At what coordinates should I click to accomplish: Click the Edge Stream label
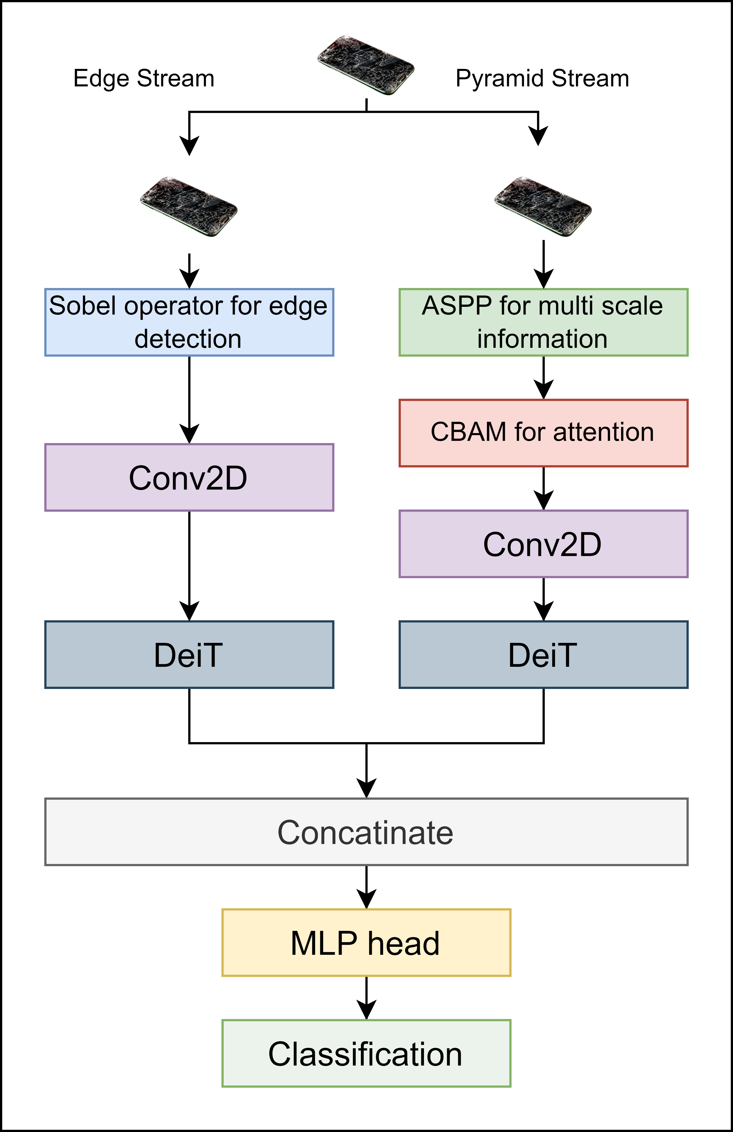143,78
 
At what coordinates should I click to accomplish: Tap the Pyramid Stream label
542,78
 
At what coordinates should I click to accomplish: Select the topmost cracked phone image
366,65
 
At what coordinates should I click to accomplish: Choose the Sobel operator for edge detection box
189,322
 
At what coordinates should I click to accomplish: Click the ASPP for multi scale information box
543,322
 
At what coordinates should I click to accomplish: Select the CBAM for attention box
543,433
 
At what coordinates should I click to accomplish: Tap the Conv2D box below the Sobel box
189,478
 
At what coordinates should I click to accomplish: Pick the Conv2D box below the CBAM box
543,544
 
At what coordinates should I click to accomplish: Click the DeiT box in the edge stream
189,654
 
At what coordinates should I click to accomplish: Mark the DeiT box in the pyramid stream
543,654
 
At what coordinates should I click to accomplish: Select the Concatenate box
366,832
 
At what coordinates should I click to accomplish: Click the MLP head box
366,943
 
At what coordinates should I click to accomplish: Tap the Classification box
366,1053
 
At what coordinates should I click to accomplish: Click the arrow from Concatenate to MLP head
366,887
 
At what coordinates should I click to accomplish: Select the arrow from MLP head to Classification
366,998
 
